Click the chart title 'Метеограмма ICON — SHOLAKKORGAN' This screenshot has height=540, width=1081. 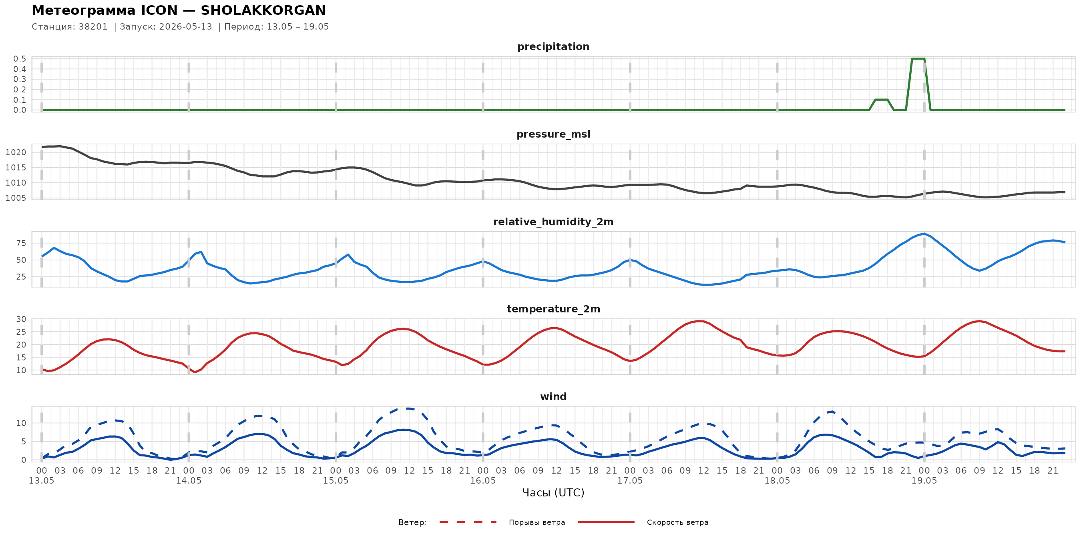tap(179, 10)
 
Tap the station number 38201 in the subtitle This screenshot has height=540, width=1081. tap(93, 27)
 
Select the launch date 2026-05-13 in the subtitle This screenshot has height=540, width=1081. tap(185, 27)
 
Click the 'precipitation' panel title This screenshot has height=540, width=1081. tap(553, 46)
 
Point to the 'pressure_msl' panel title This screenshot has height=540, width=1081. tap(553, 134)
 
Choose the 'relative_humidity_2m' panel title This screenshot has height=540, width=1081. tap(553, 222)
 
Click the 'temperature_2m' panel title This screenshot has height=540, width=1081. tap(553, 309)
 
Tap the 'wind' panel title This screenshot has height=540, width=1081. tap(553, 397)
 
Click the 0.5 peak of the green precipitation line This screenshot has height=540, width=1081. tap(918, 59)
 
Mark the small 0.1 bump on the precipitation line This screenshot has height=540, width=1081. tap(881, 100)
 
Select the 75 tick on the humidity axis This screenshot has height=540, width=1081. tap(21, 243)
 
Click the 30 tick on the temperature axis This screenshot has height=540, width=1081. tap(21, 319)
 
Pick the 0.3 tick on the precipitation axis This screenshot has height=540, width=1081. tap(20, 79)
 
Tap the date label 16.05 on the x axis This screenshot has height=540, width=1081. tap(482, 480)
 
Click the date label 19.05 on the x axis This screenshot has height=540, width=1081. tap(924, 480)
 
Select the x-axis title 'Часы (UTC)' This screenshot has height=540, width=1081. tap(553, 493)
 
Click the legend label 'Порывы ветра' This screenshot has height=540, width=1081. tap(537, 522)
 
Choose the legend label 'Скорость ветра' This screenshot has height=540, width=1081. tap(677, 522)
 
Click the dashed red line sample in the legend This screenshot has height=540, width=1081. tap(468, 522)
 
